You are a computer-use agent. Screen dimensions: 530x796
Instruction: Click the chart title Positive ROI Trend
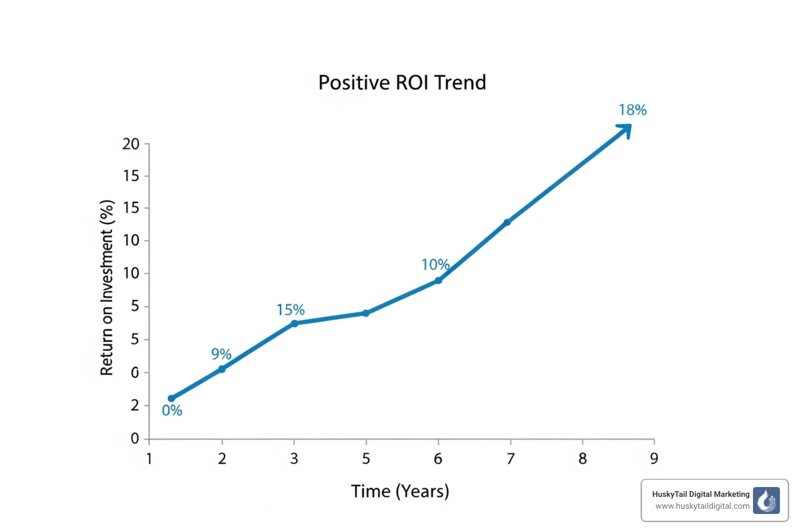[x=402, y=83]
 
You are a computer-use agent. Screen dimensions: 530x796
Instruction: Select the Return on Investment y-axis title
[x=107, y=288]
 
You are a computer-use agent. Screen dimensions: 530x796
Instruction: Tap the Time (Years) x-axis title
[x=400, y=491]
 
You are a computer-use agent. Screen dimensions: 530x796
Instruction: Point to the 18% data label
[x=633, y=110]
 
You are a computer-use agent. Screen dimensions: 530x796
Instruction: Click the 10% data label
[x=435, y=265]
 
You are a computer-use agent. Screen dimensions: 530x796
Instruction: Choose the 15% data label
[x=291, y=310]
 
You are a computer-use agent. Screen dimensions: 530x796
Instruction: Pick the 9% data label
[x=221, y=354]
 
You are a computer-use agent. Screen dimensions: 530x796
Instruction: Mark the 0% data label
[x=172, y=411]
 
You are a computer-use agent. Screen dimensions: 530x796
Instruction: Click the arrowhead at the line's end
[x=625, y=129]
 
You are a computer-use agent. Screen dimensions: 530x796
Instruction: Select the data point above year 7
[x=507, y=222]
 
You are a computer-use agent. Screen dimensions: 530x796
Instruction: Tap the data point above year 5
[x=366, y=313]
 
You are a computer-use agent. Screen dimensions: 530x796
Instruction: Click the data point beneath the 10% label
[x=438, y=281]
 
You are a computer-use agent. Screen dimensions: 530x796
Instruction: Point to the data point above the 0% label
[x=171, y=399]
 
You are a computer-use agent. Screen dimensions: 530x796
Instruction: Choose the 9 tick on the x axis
[x=654, y=459]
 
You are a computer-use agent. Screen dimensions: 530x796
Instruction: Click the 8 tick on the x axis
[x=582, y=459]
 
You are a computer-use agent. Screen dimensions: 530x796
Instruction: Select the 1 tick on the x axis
[x=149, y=459]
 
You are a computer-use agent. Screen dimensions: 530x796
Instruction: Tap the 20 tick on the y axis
[x=131, y=144]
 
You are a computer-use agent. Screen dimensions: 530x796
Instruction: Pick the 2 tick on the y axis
[x=135, y=405]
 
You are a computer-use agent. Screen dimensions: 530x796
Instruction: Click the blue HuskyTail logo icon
[x=766, y=500]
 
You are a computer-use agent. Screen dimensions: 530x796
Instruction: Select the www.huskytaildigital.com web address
[x=702, y=506]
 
